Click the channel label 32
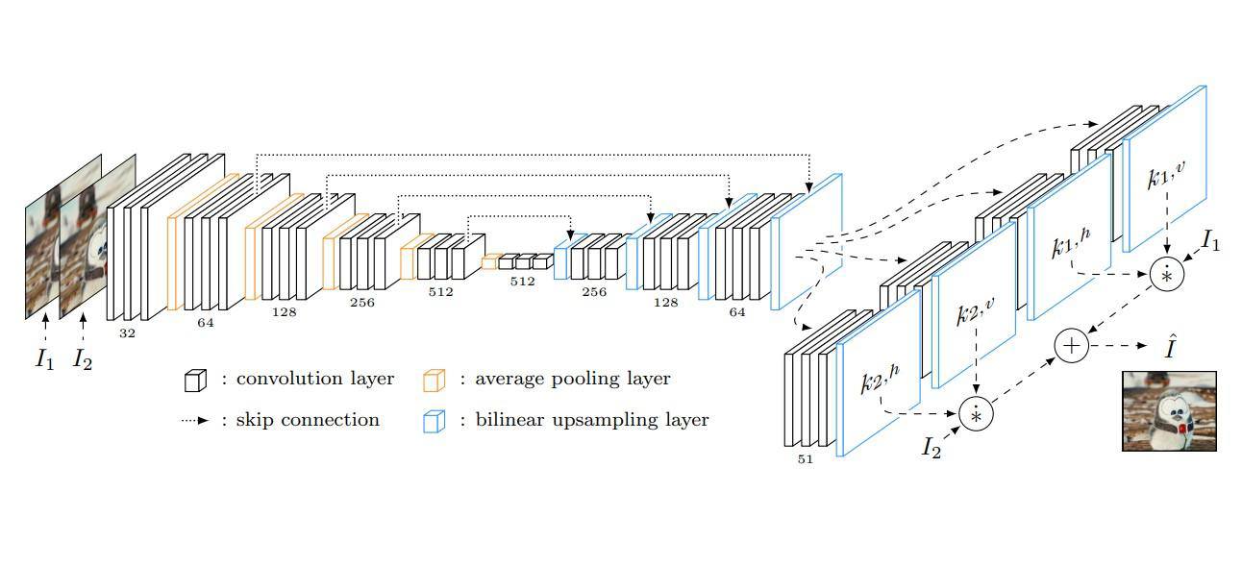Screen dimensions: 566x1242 [x=127, y=333]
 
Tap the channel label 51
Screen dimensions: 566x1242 [x=805, y=459]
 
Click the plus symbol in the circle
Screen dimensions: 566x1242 [x=1071, y=345]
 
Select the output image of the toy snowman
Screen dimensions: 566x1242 [x=1169, y=411]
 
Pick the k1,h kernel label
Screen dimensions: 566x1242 [x=1070, y=247]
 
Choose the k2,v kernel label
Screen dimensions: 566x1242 [x=975, y=312]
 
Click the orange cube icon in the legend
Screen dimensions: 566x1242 [x=435, y=381]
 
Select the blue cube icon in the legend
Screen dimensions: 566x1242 [x=435, y=421]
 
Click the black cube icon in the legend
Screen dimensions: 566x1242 [x=195, y=381]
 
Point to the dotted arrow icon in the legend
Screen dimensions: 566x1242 [x=195, y=421]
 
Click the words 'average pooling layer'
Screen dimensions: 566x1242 [x=572, y=379]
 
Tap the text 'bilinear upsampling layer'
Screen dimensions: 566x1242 [x=591, y=420]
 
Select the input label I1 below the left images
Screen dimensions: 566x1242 [x=44, y=359]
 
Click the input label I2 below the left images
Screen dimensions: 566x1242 [x=83, y=360]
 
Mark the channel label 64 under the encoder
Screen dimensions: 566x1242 [x=206, y=323]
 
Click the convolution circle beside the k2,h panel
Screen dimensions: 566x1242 [x=975, y=413]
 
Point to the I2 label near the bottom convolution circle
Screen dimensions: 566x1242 [x=931, y=447]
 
